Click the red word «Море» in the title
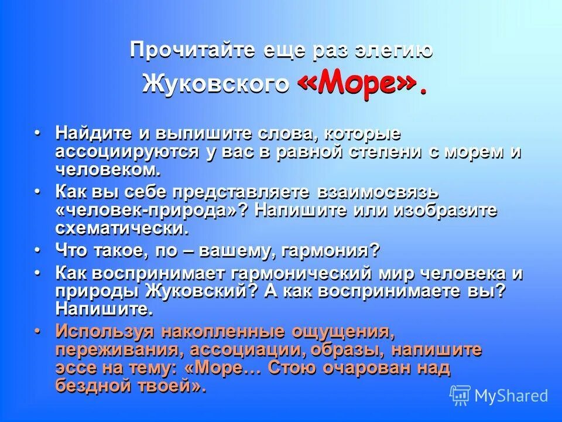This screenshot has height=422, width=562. tap(358, 86)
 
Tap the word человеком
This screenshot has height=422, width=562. tap(107, 170)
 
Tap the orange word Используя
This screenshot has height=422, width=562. tap(97, 331)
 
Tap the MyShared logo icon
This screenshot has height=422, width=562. tap(460, 396)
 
